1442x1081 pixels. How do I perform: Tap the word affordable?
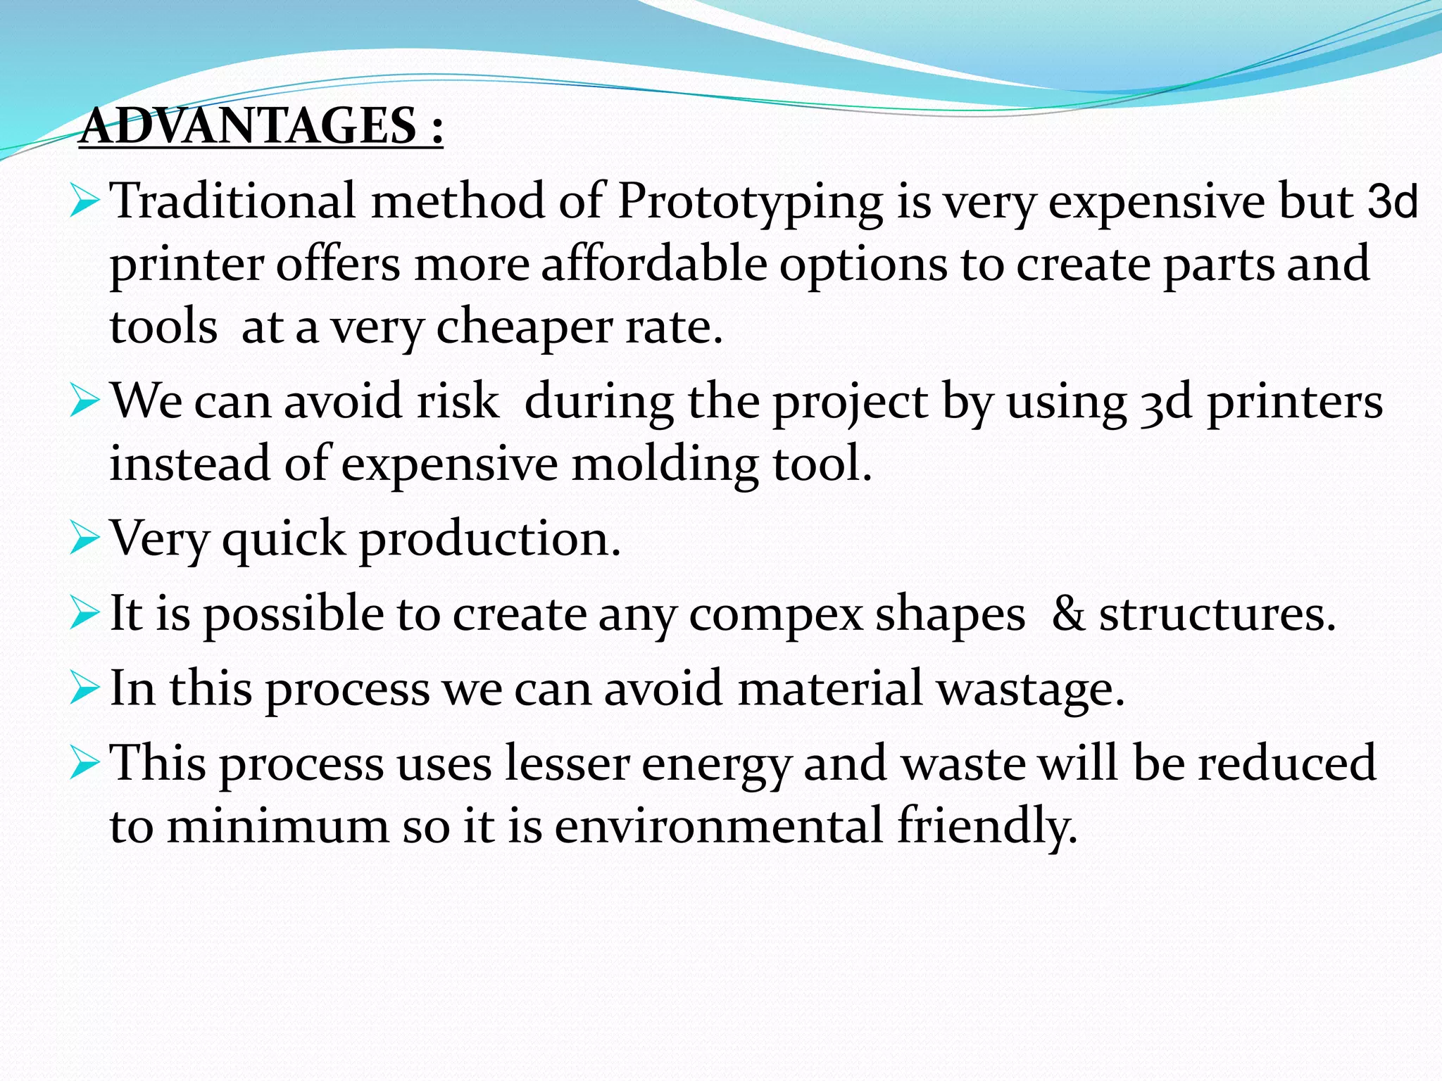(x=654, y=265)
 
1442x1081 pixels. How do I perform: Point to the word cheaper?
(x=524, y=328)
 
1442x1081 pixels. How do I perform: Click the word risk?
(x=458, y=401)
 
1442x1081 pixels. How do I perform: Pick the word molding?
(x=665, y=464)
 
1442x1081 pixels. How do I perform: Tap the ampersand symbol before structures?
(x=1067, y=614)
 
